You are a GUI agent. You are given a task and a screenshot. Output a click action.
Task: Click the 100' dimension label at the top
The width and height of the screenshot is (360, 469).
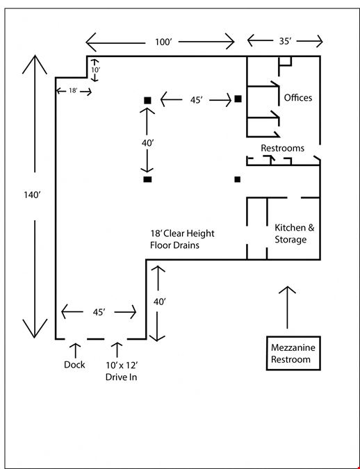pyautogui.click(x=163, y=42)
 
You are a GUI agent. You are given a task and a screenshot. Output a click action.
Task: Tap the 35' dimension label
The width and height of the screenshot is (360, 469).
pyautogui.click(x=285, y=41)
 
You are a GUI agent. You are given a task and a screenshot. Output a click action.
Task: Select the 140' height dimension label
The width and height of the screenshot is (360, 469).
pyautogui.click(x=32, y=195)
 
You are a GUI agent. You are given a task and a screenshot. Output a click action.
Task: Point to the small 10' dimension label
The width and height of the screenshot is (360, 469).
pyautogui.click(x=95, y=69)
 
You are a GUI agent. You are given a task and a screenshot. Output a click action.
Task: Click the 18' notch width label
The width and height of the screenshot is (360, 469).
pyautogui.click(x=73, y=90)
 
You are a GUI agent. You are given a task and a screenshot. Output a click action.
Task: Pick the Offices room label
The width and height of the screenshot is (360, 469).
pyautogui.click(x=297, y=97)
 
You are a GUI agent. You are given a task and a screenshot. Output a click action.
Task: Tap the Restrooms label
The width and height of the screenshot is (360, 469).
pyautogui.click(x=282, y=148)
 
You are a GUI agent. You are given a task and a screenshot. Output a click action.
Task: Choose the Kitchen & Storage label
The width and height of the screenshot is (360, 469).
pyautogui.click(x=295, y=233)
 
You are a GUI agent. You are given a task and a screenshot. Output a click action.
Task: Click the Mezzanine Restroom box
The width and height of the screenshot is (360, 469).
pyautogui.click(x=293, y=353)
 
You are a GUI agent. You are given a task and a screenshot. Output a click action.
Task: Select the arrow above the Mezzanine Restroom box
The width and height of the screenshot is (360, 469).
pyautogui.click(x=287, y=307)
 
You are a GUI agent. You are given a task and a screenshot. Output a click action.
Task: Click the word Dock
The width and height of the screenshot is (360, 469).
pyautogui.click(x=74, y=365)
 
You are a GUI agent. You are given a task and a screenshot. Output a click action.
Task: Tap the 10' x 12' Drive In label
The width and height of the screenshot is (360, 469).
pyautogui.click(x=122, y=371)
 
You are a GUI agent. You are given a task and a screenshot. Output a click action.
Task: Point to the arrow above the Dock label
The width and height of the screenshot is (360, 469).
pyautogui.click(x=75, y=351)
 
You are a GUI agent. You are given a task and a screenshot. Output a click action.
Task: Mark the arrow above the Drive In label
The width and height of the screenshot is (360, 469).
pyautogui.click(x=117, y=350)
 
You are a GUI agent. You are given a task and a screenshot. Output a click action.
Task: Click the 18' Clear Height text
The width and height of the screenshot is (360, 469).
pyautogui.click(x=182, y=233)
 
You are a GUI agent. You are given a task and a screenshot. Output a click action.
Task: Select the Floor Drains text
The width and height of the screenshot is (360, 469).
pyautogui.click(x=174, y=245)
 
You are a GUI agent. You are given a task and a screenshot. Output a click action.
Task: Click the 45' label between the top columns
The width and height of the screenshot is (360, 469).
pyautogui.click(x=196, y=100)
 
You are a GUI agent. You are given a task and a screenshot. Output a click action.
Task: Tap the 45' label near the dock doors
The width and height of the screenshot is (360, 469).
pyautogui.click(x=99, y=312)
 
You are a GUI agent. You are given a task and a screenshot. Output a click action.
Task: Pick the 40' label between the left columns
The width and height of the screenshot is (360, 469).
pyautogui.click(x=147, y=143)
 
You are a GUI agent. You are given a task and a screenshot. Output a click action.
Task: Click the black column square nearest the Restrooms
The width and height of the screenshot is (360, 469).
pyautogui.click(x=237, y=179)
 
